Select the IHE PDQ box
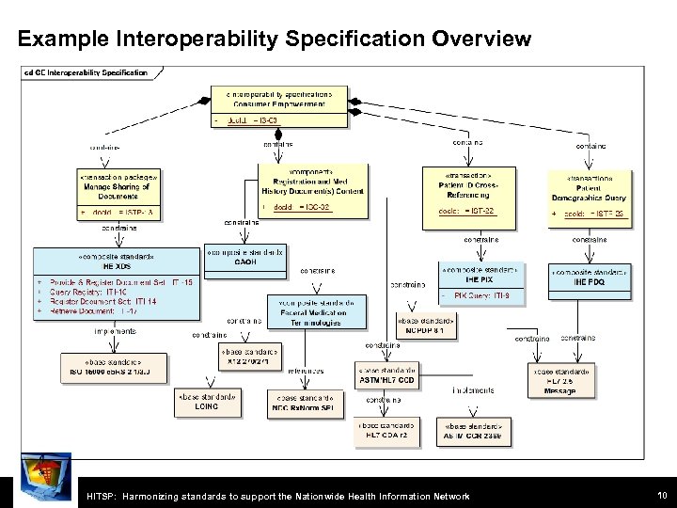pos(590,279)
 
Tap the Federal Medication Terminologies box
pos(317,314)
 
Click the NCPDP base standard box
pos(426,326)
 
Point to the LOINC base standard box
pos(207,404)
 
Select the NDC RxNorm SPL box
pos(304,404)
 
